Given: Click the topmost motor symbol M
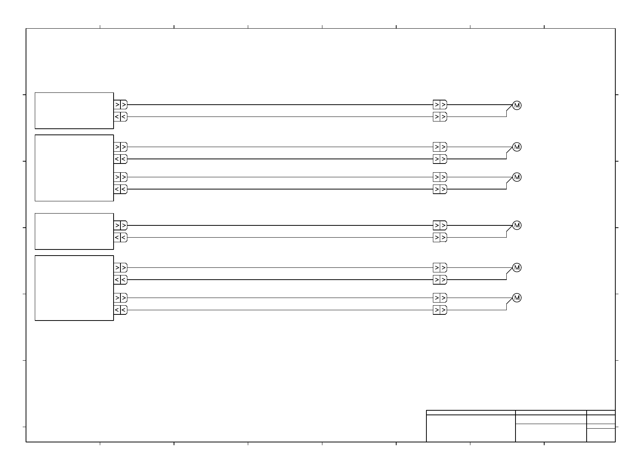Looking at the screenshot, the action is point(517,105).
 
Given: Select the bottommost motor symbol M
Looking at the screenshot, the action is point(517,298).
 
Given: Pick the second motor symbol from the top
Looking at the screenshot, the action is point(517,147).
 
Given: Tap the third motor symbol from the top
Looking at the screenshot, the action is point(517,177).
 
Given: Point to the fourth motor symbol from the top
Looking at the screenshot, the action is point(517,225).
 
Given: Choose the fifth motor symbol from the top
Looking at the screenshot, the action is point(517,268).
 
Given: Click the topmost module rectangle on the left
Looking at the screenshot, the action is point(74,111).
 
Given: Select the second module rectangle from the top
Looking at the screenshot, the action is point(74,168).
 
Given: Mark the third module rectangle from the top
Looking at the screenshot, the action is point(74,232).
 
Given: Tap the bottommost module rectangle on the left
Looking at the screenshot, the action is point(74,288).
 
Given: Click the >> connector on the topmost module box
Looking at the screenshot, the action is point(120,105).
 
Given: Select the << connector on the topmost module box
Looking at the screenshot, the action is point(120,117).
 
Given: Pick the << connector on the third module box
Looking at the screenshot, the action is point(120,238).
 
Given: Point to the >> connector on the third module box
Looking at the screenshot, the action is point(120,225).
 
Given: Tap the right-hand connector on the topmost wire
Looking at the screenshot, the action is point(440,105).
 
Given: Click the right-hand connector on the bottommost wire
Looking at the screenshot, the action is point(440,310).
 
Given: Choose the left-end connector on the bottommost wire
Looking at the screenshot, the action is point(120,310).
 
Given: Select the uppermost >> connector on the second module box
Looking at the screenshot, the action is point(120,147).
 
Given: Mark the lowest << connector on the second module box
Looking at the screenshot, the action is point(120,189).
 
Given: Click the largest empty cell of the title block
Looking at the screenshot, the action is point(471,428).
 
